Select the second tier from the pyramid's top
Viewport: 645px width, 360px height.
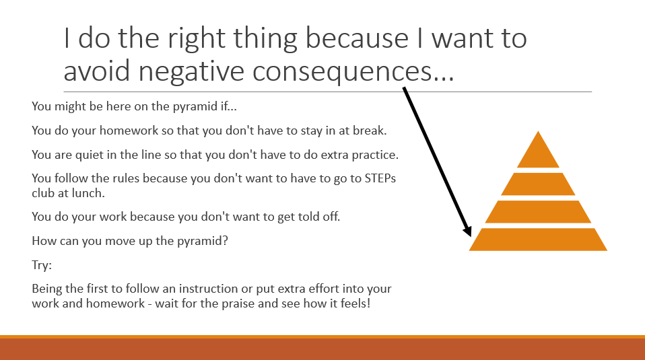point(538,184)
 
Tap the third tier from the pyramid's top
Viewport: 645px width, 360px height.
point(538,212)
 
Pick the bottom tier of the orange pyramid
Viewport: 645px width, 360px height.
point(538,239)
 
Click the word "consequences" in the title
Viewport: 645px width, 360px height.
point(342,71)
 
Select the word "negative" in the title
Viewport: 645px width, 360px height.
point(191,71)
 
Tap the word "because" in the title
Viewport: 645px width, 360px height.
point(357,38)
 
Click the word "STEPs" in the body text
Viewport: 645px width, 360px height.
point(380,178)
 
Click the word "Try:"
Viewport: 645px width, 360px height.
point(42,265)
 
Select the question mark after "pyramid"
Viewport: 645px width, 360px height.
point(225,240)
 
